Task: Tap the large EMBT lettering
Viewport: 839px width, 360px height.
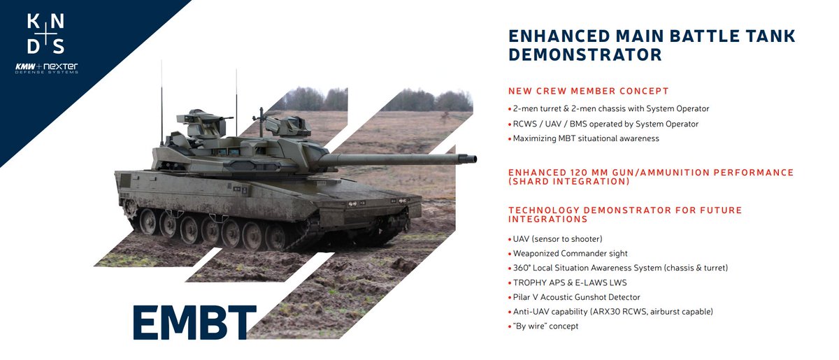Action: pos(194,322)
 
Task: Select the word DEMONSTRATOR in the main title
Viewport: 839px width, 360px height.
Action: pos(585,55)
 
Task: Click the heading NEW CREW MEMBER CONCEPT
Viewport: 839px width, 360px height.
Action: pos(588,91)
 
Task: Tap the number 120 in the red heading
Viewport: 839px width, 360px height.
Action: pos(587,172)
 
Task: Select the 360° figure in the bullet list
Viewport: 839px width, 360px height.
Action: pos(522,268)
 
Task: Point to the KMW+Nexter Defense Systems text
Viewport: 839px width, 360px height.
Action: pos(46,69)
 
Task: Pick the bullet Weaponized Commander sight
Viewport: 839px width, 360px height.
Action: pos(571,253)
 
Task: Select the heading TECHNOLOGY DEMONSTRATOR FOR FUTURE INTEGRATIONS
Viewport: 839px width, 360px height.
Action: pos(625,215)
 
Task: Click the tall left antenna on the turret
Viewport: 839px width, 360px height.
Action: pos(162,98)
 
